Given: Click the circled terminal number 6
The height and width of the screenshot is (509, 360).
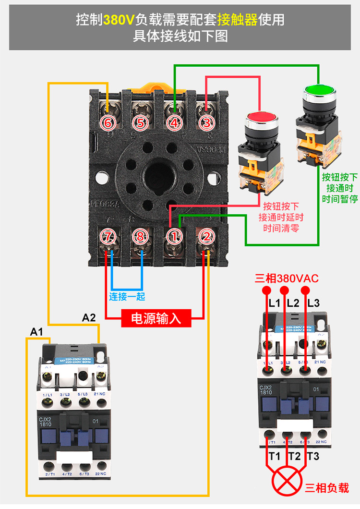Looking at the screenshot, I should tap(108, 123).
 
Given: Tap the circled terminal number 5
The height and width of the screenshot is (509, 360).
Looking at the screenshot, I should tap(140, 123).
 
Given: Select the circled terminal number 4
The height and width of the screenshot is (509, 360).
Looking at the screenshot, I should tap(174, 123).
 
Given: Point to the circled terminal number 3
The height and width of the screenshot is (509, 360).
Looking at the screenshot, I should tap(206, 123).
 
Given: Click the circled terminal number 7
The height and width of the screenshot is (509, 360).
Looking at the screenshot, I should tap(108, 236).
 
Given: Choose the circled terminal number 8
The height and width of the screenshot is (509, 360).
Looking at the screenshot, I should tap(141, 236).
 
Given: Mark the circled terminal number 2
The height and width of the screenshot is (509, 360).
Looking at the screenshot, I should tap(206, 236).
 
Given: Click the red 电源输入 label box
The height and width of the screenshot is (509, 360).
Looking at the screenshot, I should tap(156, 318).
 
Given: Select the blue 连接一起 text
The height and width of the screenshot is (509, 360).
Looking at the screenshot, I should tap(127, 296).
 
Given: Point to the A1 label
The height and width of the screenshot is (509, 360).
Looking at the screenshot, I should tap(37, 331).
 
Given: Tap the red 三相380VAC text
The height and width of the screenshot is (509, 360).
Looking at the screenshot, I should tap(287, 279).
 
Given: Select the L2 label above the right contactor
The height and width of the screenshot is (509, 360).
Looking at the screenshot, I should tap(293, 303).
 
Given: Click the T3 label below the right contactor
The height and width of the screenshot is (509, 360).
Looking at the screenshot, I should tap(313, 456).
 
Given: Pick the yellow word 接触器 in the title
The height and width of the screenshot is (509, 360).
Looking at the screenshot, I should tap(237, 20).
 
